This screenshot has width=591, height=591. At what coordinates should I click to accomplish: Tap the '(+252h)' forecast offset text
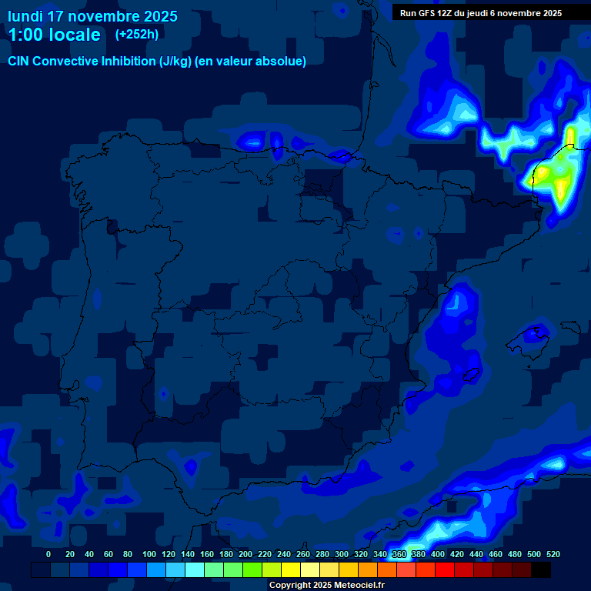point(136,35)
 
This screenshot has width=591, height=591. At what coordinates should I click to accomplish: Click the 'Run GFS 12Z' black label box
point(481,12)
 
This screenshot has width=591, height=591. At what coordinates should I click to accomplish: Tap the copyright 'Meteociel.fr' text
point(359,586)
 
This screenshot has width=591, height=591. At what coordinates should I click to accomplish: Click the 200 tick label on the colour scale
point(245,554)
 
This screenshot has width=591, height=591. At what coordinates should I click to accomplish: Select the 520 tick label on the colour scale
point(553,554)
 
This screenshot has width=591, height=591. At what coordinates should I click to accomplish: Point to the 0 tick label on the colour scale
point(48,554)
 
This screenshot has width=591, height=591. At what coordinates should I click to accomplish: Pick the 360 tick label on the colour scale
point(399,554)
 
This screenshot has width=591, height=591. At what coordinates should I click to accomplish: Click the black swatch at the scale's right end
point(541,570)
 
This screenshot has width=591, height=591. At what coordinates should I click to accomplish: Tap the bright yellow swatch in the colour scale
point(291,570)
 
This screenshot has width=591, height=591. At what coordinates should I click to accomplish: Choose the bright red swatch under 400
point(445,570)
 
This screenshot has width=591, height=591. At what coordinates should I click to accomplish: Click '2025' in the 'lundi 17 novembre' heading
point(159,16)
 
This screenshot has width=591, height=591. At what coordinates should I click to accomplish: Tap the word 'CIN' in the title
point(19,62)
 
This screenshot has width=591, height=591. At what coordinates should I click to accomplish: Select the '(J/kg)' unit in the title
point(175,62)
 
